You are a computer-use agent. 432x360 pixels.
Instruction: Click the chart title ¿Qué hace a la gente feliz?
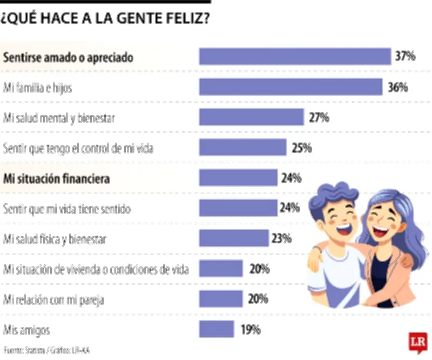click(x=105, y=19)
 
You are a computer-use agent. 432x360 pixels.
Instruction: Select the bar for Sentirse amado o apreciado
click(x=295, y=57)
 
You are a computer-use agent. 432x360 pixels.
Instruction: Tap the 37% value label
click(x=404, y=56)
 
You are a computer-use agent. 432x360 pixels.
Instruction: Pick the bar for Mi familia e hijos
click(x=291, y=87)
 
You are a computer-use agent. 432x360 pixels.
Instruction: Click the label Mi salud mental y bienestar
click(x=59, y=117)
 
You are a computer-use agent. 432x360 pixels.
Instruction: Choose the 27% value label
click(x=319, y=117)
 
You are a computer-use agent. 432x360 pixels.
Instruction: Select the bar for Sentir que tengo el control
click(x=242, y=148)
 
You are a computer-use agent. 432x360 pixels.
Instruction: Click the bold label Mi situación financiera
click(x=57, y=178)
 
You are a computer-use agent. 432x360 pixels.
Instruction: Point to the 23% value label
click(x=281, y=238)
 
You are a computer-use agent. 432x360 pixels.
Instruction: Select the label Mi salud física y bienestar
click(x=55, y=238)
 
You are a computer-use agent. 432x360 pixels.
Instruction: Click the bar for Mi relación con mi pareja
click(x=221, y=299)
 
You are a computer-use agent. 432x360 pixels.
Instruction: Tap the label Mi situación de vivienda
click(x=96, y=269)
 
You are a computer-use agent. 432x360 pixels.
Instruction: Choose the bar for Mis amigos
click(x=217, y=329)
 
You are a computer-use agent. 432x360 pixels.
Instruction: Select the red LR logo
click(x=417, y=342)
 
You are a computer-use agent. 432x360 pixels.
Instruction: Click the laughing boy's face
click(x=339, y=217)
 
